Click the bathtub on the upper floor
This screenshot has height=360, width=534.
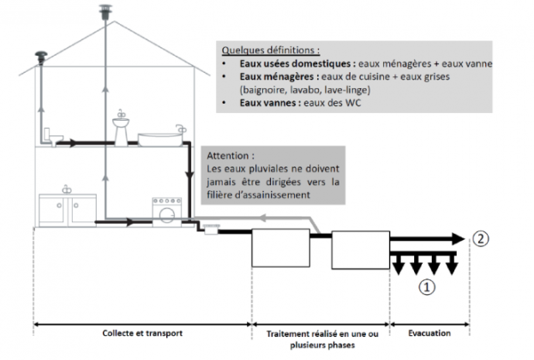click(x=160, y=136)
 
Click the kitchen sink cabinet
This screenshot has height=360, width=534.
click(x=63, y=209)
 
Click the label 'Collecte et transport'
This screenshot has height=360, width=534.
click(x=142, y=331)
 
